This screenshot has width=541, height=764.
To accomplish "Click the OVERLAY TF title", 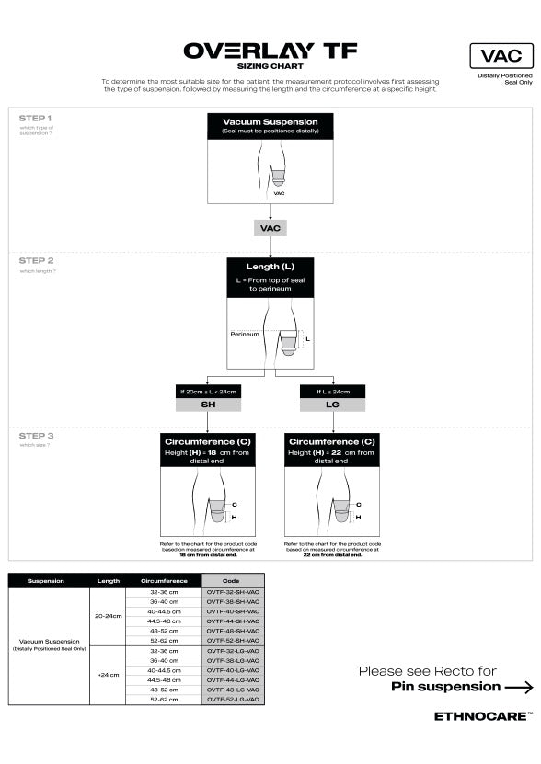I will click(270, 51).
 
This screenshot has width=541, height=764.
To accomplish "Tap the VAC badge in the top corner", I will click(501, 57).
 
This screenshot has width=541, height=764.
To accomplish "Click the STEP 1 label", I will click(36, 119).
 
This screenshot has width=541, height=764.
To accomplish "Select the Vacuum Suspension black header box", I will click(270, 126).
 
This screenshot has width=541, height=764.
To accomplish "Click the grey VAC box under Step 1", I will click(270, 227).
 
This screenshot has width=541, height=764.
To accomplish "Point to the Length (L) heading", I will click(270, 267).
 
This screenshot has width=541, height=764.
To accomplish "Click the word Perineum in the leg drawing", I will click(244, 334).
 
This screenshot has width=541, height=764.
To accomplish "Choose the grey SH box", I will click(207, 405).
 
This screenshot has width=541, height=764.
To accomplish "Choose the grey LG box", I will click(332, 405).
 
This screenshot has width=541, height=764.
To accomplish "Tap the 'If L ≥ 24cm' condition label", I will click(332, 392).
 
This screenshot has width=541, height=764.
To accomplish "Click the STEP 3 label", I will click(36, 436).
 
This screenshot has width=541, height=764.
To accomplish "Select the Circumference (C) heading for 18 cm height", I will click(207, 441).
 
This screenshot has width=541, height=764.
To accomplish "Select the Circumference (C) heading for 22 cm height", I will click(331, 441).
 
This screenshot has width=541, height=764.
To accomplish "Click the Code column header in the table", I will click(233, 581).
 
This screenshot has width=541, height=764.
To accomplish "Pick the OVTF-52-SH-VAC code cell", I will click(233, 641).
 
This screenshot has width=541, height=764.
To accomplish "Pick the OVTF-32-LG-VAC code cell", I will click(233, 651).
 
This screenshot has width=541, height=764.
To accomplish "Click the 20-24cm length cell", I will click(108, 616).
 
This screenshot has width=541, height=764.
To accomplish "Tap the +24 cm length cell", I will click(108, 675).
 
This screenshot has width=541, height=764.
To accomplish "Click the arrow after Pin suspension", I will click(519, 687).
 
